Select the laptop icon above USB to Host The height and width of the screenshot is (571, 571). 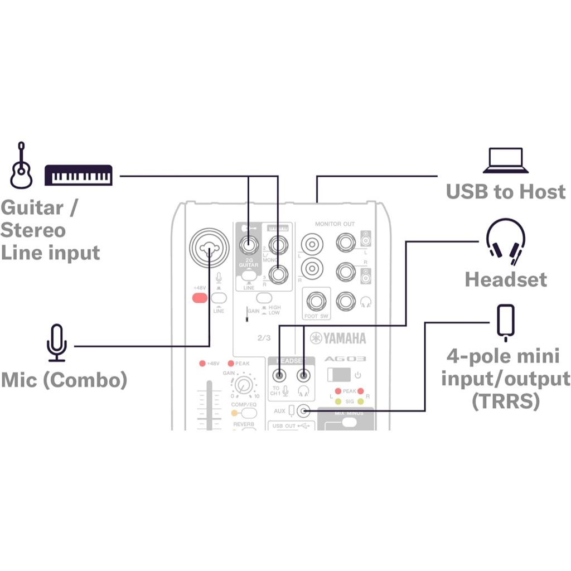(506, 161)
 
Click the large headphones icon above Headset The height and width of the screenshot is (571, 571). (505, 242)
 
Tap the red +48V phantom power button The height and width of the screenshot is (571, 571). (199, 297)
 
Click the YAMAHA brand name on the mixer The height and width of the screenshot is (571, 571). (338, 338)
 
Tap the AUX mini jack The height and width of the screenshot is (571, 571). (303, 412)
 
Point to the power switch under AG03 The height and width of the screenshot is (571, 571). (338, 374)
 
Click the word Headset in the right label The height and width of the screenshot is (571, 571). (506, 279)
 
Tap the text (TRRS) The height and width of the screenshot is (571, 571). (505, 401)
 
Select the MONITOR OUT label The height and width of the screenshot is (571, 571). (335, 224)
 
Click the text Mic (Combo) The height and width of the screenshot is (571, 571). (64, 380)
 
